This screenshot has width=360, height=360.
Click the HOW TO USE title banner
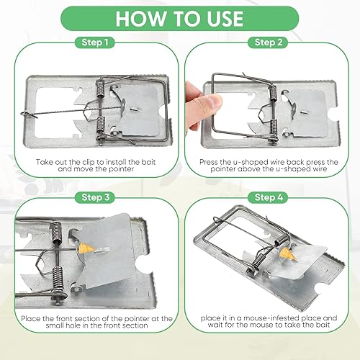click(x=180, y=18)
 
